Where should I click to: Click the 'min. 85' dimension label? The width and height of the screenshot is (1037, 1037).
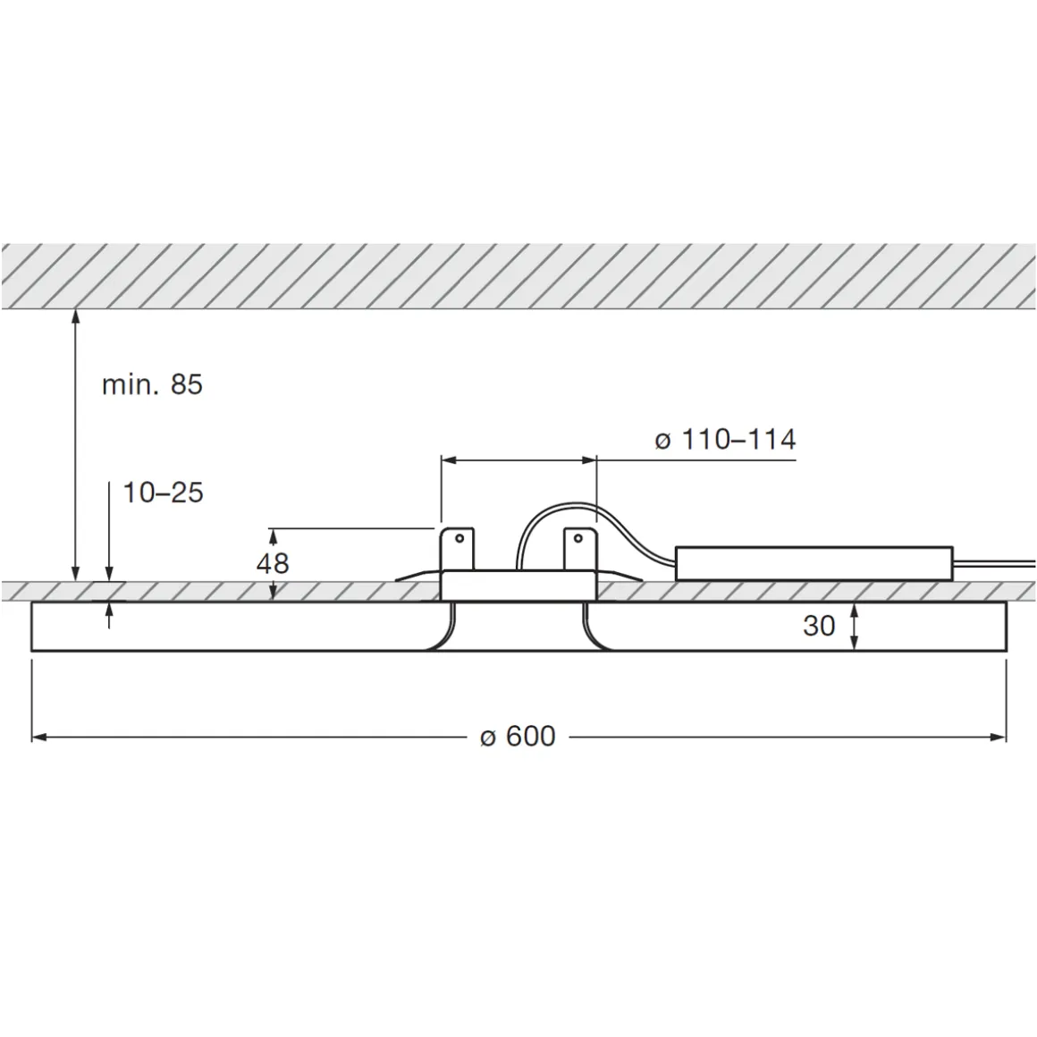(152, 385)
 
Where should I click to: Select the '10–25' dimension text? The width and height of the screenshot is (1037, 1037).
(163, 493)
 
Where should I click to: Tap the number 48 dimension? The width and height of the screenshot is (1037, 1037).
(273, 563)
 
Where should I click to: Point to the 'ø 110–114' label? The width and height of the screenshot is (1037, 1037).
(724, 440)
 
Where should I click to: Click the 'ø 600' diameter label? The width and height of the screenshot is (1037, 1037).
(518, 737)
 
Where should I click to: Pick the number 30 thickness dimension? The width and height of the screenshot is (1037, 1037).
(818, 626)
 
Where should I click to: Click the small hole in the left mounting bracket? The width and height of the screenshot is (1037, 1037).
(459, 538)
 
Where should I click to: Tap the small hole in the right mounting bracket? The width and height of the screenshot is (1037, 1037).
(578, 538)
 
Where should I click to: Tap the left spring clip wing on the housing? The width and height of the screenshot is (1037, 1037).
(417, 574)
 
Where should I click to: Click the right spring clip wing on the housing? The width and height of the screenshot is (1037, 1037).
(620, 574)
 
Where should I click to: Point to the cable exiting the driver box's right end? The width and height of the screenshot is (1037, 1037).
(992, 563)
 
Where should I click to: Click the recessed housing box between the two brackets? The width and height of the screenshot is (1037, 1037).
(518, 586)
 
